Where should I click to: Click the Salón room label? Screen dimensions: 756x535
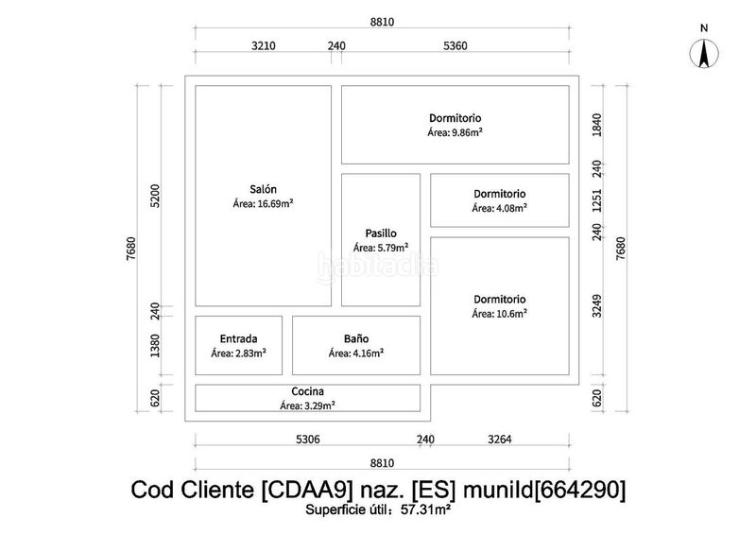264,189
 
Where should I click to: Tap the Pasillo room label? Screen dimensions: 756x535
381,233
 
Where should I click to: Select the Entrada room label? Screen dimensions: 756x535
239,338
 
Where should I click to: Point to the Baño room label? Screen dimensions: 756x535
356,338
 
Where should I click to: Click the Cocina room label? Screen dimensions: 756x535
308,391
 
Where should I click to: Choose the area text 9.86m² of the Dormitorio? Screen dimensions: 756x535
467,132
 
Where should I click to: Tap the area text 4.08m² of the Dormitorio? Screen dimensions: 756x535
511,208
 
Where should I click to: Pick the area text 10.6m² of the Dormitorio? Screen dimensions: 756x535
511,314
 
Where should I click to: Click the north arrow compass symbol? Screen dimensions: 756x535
704,54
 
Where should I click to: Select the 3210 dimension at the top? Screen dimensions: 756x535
264,45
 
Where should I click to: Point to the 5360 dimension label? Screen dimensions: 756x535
455,45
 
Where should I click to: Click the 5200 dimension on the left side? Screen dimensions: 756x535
155,196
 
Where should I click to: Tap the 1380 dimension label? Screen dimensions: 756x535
155,345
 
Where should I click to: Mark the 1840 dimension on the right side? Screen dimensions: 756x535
597,125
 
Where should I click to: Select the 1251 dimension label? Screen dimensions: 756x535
597,200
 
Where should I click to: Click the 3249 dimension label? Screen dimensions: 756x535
597,306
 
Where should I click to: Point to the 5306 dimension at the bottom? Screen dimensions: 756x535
308,439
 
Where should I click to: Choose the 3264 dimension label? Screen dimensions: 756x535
500,439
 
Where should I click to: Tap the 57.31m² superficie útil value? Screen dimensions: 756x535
426,509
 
